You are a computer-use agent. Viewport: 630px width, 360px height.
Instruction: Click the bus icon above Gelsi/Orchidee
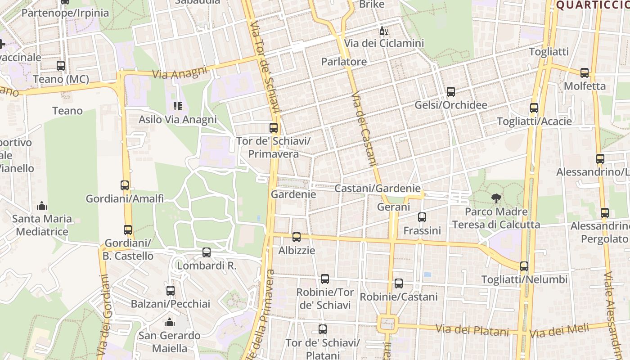(x=451, y=92)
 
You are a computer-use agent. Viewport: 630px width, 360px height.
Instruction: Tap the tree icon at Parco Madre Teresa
(x=496, y=198)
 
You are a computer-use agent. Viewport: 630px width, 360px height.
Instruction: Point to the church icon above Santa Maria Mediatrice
(x=42, y=206)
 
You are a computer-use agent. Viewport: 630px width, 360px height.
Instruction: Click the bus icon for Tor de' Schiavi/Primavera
(x=274, y=128)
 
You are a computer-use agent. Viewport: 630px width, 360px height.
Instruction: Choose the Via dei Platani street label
(x=473, y=330)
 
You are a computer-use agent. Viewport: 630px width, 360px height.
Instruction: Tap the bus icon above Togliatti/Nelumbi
(x=524, y=266)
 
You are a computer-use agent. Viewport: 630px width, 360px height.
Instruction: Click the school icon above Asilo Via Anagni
(x=178, y=106)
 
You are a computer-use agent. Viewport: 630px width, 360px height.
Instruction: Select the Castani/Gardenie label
(x=378, y=189)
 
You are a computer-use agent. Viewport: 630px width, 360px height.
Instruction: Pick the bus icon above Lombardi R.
(x=207, y=252)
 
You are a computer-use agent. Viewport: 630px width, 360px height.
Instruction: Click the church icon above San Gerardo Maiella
(x=170, y=322)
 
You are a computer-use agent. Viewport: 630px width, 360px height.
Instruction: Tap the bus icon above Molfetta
(x=585, y=73)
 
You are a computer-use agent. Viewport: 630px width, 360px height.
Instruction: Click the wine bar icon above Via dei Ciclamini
(x=384, y=31)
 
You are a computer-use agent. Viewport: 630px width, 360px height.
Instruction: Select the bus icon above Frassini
(x=422, y=217)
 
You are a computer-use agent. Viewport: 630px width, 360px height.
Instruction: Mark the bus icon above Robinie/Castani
(x=399, y=283)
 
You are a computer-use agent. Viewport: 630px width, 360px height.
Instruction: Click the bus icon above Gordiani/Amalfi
(x=125, y=185)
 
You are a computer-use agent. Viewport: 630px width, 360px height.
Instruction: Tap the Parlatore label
(x=344, y=62)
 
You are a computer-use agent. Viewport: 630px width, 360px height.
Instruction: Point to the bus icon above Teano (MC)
(x=61, y=66)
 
